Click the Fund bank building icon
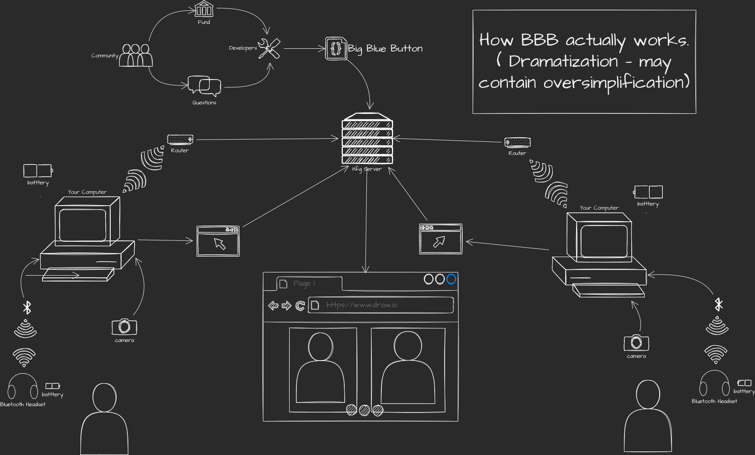204,9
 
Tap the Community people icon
136,56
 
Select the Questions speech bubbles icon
204,86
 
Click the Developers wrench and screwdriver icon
269,48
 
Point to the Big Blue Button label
385,49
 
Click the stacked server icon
367,139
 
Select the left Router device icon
180,140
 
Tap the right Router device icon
517,142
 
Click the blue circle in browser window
451,279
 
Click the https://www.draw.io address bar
380,305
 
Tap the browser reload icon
300,306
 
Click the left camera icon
124,327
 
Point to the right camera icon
636,343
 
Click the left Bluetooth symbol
27,308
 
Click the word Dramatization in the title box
563,61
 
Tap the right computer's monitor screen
604,241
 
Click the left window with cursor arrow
218,242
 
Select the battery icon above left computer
38,171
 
